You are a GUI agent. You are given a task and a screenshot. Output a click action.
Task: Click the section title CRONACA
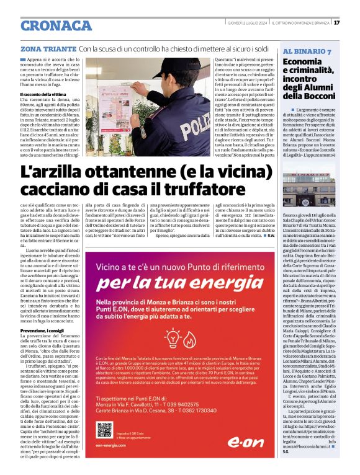(56, 25)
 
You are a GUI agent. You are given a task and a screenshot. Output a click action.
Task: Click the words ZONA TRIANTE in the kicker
(48, 48)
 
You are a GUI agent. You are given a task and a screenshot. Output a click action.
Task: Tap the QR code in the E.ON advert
(104, 430)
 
